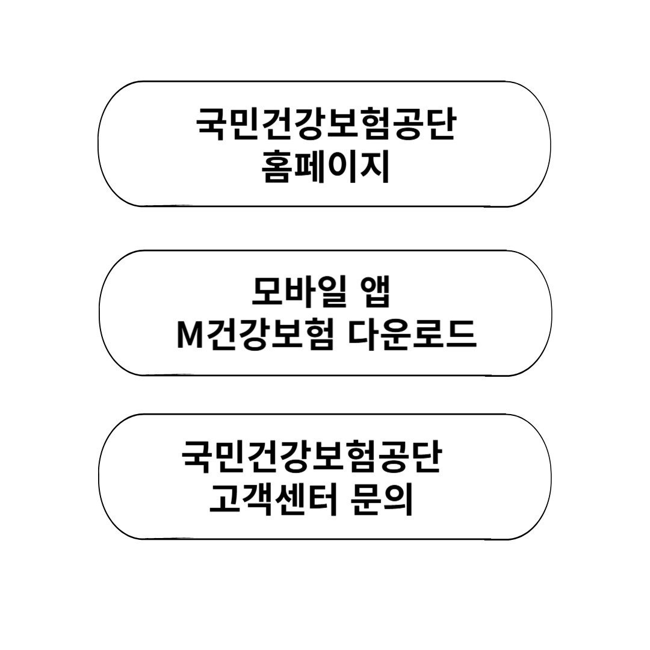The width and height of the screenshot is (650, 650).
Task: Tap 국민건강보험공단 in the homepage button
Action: (326, 124)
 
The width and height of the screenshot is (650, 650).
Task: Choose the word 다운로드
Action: (413, 335)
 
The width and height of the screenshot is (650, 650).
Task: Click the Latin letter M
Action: (188, 336)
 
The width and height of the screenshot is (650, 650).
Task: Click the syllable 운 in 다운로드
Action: (397, 335)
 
